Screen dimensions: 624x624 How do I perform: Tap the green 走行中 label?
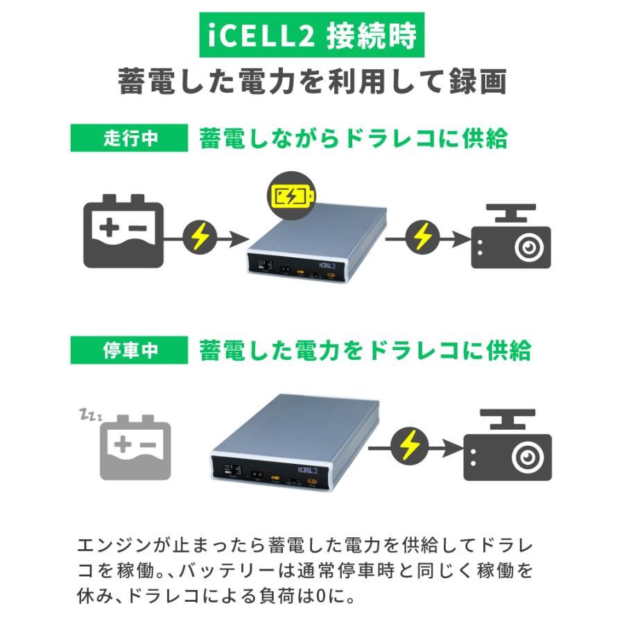130,138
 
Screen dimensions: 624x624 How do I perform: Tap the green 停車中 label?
130,350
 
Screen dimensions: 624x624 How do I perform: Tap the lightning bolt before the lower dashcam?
410,448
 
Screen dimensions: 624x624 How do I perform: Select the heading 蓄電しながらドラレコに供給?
353,138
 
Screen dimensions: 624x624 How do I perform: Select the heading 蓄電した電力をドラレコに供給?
365,350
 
